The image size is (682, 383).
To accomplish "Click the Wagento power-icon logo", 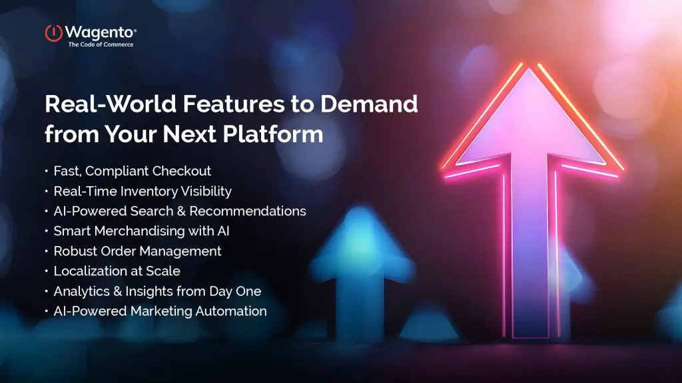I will pos(54,32).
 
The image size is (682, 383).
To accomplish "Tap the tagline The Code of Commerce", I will pos(101,45).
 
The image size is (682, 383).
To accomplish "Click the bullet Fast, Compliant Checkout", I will pos(132,172).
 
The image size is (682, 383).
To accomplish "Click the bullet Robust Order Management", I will pos(137,251).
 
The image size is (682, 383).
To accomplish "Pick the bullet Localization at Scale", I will pos(117,271).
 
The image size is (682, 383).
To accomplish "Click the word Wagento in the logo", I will pos(101,31).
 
